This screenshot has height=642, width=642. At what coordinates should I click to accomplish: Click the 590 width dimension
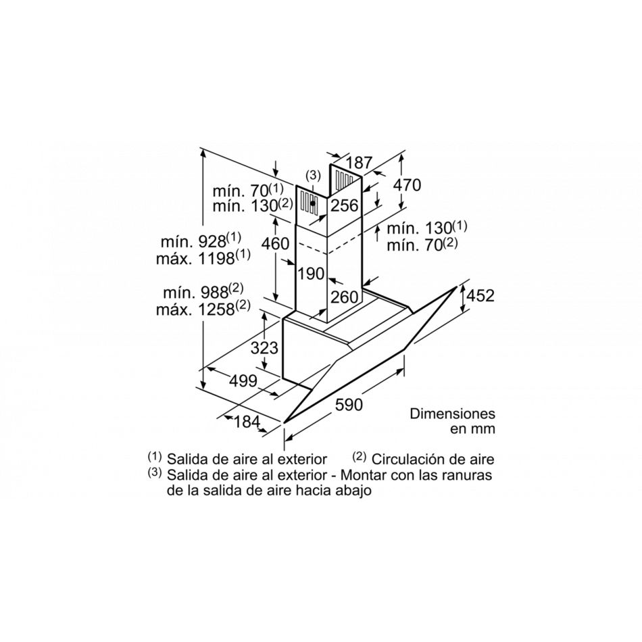[x=349, y=405]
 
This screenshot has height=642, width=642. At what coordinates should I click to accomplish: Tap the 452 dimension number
[x=480, y=295]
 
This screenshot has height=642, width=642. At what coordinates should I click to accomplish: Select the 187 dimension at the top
[x=359, y=163]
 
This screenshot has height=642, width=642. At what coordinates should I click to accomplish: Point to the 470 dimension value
[x=407, y=185]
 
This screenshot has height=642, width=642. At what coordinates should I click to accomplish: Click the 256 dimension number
[x=345, y=205]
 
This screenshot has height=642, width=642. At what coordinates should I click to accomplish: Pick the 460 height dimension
[x=275, y=243]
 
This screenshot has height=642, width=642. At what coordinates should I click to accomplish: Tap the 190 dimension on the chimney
[x=311, y=274]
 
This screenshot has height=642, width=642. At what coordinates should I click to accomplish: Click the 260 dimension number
[x=345, y=297]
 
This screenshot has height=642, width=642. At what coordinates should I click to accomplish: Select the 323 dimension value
[x=264, y=347]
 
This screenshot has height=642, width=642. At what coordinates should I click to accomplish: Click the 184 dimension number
[x=247, y=421]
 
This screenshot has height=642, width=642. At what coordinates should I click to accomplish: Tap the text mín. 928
[x=194, y=241]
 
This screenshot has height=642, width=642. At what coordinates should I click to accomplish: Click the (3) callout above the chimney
[x=313, y=176]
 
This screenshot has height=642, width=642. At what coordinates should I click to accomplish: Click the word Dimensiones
[x=452, y=414]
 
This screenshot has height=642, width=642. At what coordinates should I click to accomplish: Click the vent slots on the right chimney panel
[x=345, y=178]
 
